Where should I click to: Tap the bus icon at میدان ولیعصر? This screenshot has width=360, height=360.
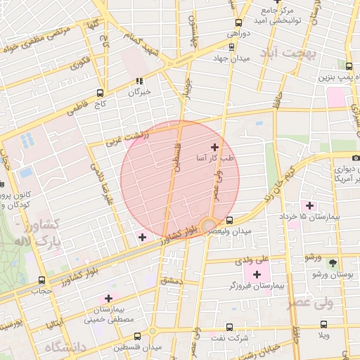(x=229, y=220)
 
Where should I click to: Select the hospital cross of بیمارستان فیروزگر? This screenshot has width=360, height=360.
(x=257, y=274)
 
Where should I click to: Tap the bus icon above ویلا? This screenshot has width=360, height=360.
(x=323, y=324)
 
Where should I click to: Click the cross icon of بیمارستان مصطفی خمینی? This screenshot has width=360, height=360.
(x=108, y=298)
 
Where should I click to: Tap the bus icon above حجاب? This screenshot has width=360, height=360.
(x=41, y=280)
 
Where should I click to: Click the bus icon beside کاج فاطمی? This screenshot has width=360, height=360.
(x=100, y=92)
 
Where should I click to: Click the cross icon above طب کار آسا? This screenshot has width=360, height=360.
(x=214, y=147)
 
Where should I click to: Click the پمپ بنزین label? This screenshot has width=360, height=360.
(x=335, y=75)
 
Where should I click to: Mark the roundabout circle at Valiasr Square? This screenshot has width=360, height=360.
(x=209, y=226)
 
